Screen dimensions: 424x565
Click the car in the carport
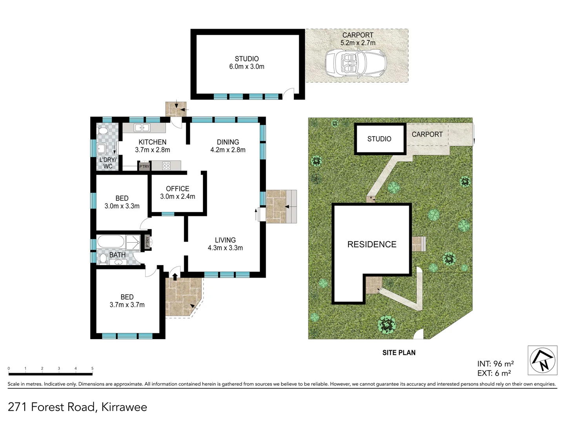(x=355, y=62)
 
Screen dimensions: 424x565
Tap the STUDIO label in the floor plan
(x=246, y=59)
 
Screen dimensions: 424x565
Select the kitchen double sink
(x=141, y=128)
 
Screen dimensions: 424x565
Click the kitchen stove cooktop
(x=166, y=166)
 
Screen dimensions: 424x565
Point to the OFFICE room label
(x=177, y=189)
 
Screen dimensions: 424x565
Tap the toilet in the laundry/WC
(x=102, y=131)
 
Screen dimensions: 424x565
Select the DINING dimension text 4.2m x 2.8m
(x=228, y=150)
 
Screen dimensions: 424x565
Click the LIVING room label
(x=225, y=240)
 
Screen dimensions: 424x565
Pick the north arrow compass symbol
(x=542, y=360)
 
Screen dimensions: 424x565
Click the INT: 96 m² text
(x=495, y=364)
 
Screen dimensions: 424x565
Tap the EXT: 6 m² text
(x=494, y=373)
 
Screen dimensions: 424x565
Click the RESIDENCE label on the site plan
(x=372, y=245)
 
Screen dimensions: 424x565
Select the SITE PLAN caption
(x=399, y=353)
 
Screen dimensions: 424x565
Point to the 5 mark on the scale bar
(x=93, y=369)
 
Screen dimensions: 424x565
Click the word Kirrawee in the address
(x=124, y=407)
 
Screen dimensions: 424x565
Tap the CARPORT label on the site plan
(x=427, y=134)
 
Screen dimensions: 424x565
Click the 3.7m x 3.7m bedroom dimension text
(x=127, y=305)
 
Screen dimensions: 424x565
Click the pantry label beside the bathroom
(x=147, y=242)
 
